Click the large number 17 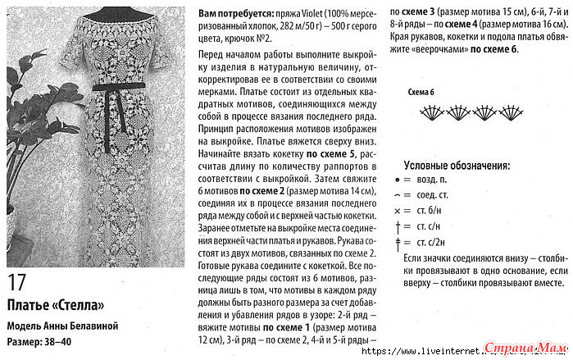17,284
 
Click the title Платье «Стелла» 56,306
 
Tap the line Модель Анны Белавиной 62,326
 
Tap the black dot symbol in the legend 398,178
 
